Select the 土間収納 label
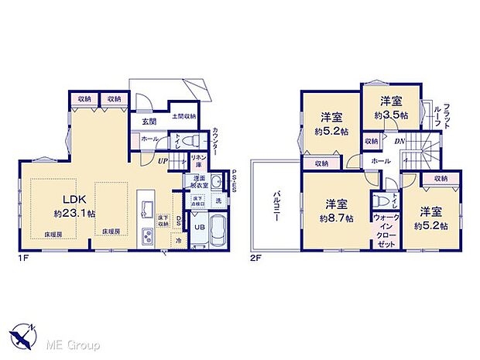[x=183, y=116]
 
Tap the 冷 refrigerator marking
[x=178, y=239]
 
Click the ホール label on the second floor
[x=379, y=160]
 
